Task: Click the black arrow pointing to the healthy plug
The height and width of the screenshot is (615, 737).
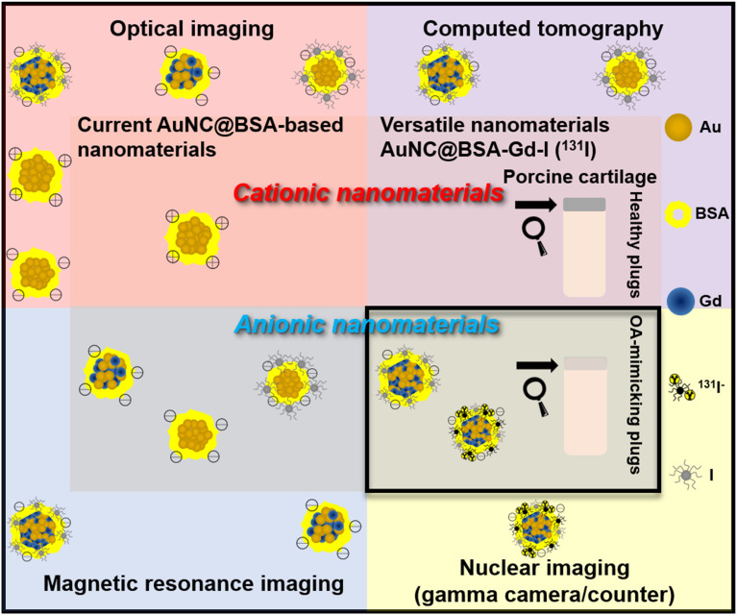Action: click(x=535, y=205)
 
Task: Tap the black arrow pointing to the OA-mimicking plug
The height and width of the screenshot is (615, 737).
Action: click(x=535, y=364)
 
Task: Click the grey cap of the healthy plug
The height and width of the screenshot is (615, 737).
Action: click(x=584, y=205)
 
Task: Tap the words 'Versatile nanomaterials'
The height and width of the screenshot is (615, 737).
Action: click(x=495, y=126)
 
